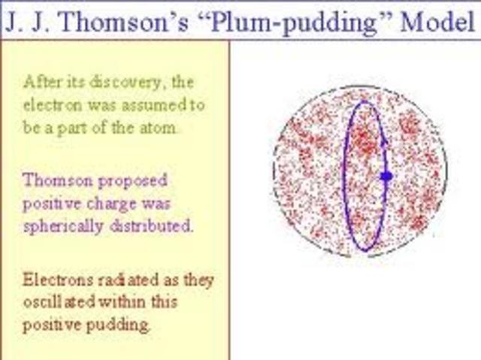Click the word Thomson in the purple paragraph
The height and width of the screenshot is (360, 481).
50,180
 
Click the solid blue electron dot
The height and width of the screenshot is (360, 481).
387,176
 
